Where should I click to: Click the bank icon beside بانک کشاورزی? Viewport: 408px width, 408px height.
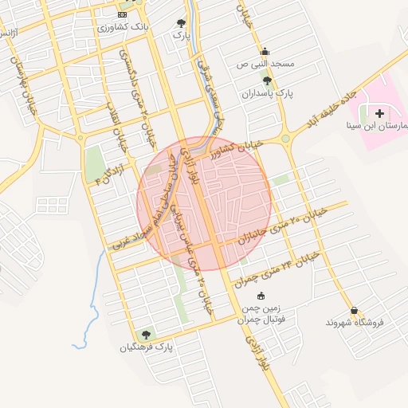pos(122,15)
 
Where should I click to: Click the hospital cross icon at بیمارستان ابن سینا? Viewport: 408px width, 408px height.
pos(379,115)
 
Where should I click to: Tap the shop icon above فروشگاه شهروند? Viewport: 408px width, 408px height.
pos(354,311)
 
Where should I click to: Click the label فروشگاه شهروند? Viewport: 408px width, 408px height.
pos(355,323)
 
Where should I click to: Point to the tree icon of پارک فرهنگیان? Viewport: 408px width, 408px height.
pos(146,335)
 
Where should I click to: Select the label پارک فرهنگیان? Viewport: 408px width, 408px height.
pos(147,347)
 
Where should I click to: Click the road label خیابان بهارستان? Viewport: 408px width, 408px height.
pos(22,88)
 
